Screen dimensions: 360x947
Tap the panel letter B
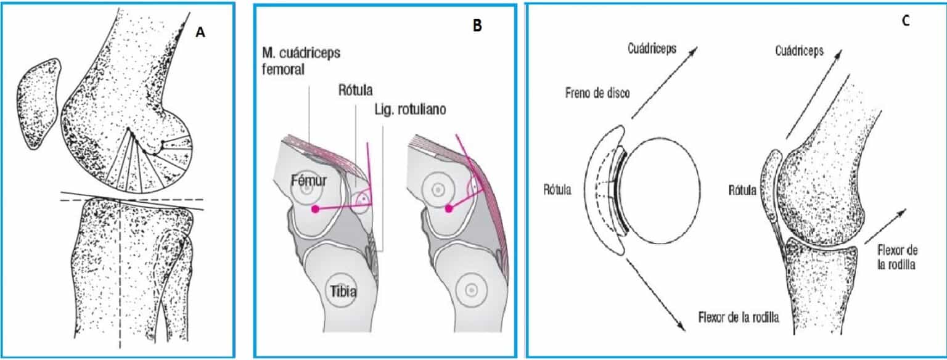477,26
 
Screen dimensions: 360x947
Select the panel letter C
905,20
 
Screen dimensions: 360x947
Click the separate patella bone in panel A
39,103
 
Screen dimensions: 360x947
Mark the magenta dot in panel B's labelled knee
316,210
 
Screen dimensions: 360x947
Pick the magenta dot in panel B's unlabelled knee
449,209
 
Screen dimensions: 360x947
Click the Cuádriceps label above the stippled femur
799,51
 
